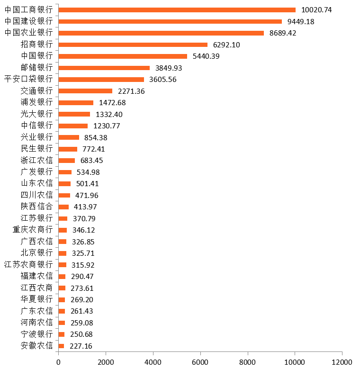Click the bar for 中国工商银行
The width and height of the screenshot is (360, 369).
pos(177,10)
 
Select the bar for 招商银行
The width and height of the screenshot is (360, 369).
pos(133,45)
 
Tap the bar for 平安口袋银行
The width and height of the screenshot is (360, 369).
pos(101,80)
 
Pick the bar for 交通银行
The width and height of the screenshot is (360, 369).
pos(85,91)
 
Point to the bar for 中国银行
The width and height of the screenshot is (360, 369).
pos(123,56)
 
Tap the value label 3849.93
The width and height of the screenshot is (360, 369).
pos(169,68)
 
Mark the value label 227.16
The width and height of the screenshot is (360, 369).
pos(81,346)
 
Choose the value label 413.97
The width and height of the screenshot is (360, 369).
pos(85,207)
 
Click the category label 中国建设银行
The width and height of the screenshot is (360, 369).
pos(28,21)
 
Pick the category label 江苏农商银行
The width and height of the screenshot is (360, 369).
pos(28,264)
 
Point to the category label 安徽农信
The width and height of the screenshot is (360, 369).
pos(36,346)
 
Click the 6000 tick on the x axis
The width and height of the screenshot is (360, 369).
pos(200,362)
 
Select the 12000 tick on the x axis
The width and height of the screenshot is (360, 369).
pos(342,362)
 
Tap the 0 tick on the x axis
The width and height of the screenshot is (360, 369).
pos(58,362)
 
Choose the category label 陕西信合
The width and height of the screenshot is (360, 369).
pos(36,207)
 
